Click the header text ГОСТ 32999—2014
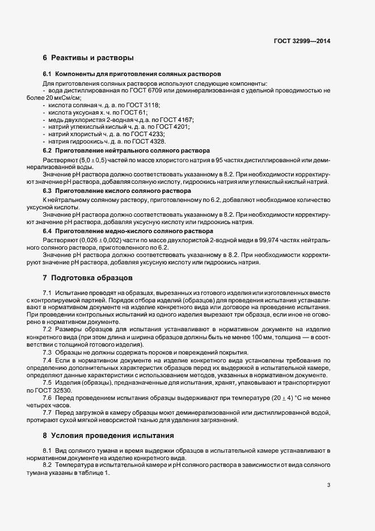tap(302, 41)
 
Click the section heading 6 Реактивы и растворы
tap(88, 58)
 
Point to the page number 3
tap(329, 485)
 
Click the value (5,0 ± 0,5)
tap(84, 161)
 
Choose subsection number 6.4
tap(48, 231)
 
